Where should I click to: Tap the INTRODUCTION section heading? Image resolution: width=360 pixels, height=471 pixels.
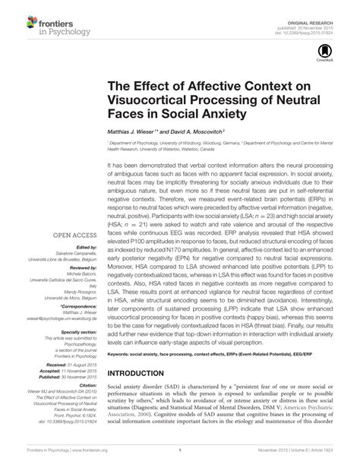150,375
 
